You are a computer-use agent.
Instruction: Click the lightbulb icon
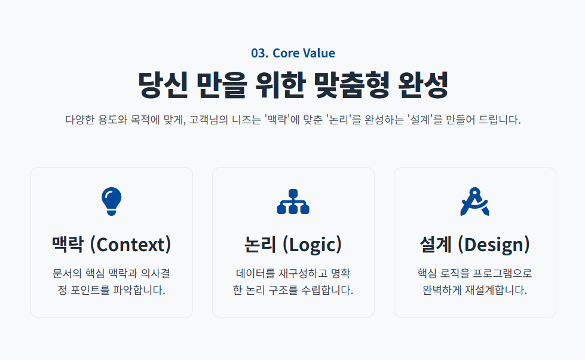(112, 202)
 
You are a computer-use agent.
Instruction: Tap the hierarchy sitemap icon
(293, 202)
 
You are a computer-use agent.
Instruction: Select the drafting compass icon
(474, 202)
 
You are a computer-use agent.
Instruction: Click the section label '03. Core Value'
(293, 53)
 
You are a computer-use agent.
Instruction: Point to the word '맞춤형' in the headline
(351, 85)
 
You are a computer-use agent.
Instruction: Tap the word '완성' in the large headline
(423, 85)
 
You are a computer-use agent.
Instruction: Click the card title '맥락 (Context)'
(112, 245)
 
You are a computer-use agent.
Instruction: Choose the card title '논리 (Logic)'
(293, 245)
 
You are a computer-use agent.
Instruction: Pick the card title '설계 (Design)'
(474, 245)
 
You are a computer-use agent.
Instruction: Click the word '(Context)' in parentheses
(131, 245)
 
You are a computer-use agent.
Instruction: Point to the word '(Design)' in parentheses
(494, 245)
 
